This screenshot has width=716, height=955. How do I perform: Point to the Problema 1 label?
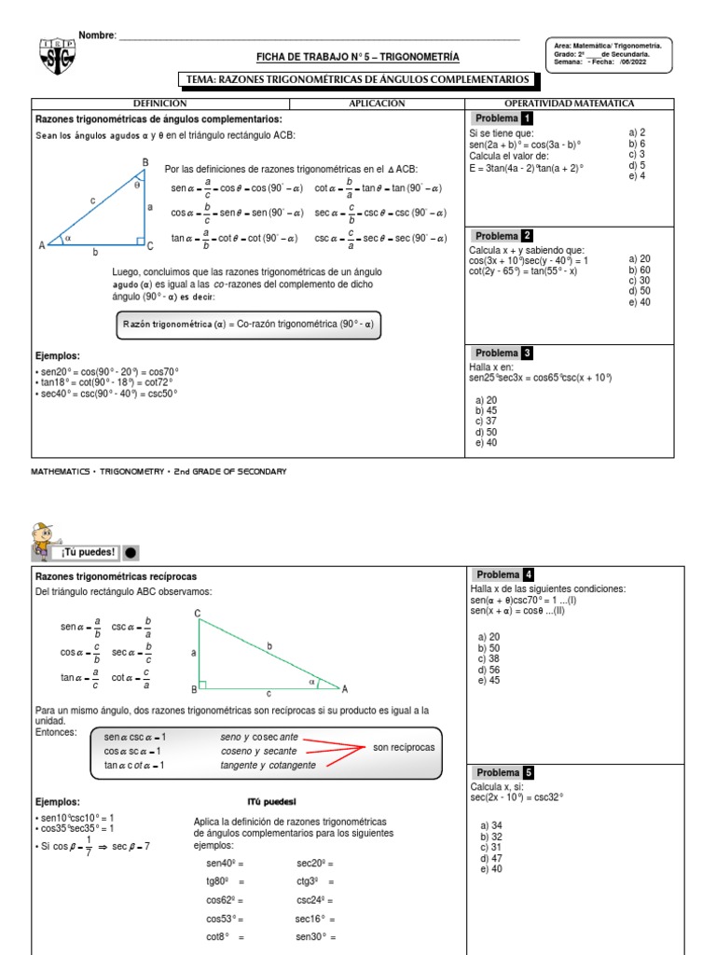(x=503, y=118)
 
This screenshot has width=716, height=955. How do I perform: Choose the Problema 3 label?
(x=503, y=353)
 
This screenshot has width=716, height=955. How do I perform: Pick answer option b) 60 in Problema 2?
(x=640, y=270)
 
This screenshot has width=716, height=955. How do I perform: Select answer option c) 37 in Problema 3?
(x=486, y=421)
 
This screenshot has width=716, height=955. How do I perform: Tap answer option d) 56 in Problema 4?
(x=488, y=669)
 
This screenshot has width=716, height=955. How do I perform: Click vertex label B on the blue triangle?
(x=145, y=162)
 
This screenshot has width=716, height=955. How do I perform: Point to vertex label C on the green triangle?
(x=198, y=613)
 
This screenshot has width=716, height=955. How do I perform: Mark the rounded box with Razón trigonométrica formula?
(x=248, y=325)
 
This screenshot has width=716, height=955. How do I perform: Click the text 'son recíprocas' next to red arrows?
(x=404, y=748)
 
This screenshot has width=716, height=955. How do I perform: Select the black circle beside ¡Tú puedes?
(x=131, y=551)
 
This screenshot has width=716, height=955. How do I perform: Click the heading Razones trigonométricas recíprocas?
(x=117, y=576)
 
